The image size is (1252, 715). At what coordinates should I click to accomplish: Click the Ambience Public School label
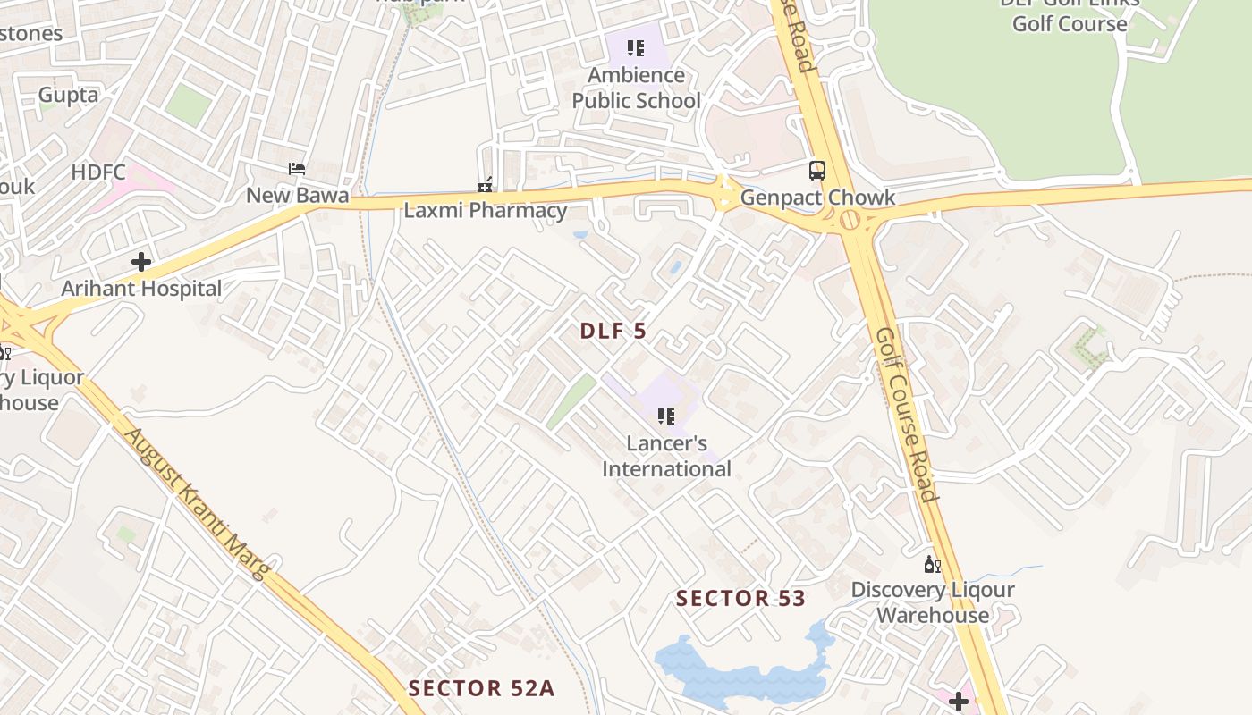[636, 88]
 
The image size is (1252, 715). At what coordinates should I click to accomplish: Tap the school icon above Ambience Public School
[636, 48]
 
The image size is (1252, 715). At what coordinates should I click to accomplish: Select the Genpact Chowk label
[817, 198]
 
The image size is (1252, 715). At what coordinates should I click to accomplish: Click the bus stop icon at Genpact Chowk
[817, 170]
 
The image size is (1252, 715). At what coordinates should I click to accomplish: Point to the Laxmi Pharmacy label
[485, 211]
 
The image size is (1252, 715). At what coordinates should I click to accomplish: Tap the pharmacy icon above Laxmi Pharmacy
[485, 185]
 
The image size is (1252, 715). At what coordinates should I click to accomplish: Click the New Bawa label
[298, 195]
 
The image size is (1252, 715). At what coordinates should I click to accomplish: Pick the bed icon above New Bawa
[297, 169]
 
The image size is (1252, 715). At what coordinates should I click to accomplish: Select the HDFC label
[98, 172]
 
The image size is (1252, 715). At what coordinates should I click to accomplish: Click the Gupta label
[68, 95]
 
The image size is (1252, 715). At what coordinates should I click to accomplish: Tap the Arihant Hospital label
[141, 289]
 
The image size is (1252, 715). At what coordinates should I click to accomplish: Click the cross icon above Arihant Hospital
[141, 262]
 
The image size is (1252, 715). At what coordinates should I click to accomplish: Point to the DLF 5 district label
[613, 331]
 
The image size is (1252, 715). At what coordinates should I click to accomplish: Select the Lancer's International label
[666, 456]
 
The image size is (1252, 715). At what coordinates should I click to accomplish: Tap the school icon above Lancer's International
[665, 416]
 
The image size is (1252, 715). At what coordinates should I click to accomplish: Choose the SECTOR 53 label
[740, 598]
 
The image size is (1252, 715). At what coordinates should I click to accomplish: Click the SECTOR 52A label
[481, 688]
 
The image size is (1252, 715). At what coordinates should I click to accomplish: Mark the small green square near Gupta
[188, 105]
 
